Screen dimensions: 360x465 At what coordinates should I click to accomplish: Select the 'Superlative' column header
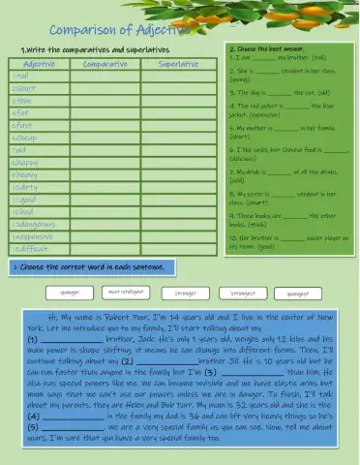click(178, 63)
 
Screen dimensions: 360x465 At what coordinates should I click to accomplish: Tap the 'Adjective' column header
click(38, 63)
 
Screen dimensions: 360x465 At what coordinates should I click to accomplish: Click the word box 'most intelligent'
click(126, 290)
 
